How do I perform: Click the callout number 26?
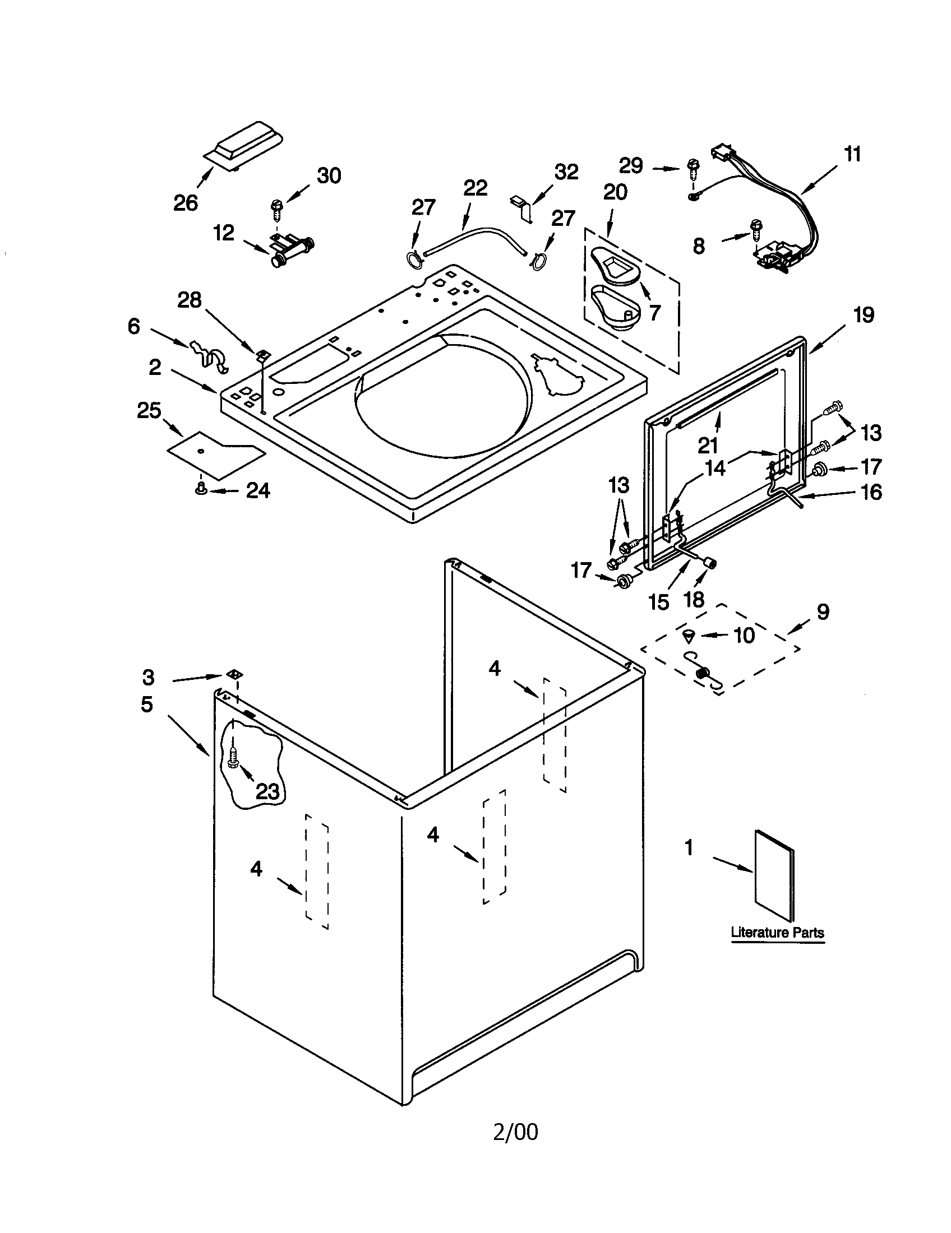tap(185, 203)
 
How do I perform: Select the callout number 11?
tap(852, 154)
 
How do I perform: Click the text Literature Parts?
tap(777, 932)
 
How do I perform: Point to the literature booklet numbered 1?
tap(774, 874)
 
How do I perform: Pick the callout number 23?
tap(267, 791)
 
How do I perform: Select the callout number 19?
tap(864, 314)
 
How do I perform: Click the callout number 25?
tap(149, 410)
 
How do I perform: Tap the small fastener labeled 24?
tap(200, 490)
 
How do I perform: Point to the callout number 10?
tap(744, 635)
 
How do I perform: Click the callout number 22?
tap(475, 187)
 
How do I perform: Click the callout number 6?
tap(133, 326)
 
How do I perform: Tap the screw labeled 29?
tap(692, 167)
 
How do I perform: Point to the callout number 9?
tap(823, 611)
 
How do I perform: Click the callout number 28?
tap(190, 300)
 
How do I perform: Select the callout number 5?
tap(147, 704)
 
